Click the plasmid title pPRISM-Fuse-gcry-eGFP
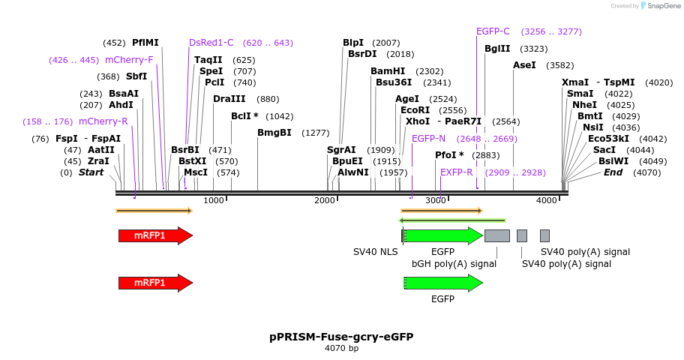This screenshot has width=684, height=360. coord(341,337)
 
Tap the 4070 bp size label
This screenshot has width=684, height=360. coord(341,348)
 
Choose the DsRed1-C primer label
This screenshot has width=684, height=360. coord(211,43)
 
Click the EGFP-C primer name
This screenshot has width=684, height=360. coord(493,31)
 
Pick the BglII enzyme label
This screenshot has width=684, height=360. coord(497,49)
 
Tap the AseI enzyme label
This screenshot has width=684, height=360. coord(524,65)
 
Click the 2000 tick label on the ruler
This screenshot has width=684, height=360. coord(325,200)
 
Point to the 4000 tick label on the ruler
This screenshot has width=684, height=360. coord(547,200)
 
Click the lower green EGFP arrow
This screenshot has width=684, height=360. coord(443,283)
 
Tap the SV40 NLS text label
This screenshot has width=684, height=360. coord(376,252)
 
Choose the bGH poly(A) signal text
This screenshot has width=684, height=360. coord(454,264)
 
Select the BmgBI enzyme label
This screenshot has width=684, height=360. coord(274,133)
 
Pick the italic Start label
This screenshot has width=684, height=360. coord(91,172)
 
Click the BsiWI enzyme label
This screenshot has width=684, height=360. coord(613,161)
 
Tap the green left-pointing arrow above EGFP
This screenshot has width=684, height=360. coord(454,220)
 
